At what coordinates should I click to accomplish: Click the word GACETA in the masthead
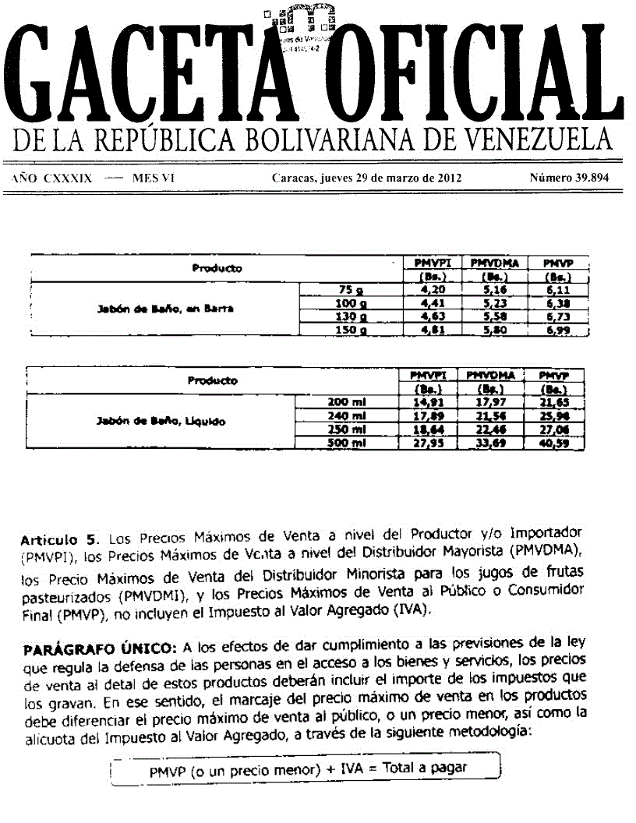point(140,74)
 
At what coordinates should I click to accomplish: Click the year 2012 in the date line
point(447,178)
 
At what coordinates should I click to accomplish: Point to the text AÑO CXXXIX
point(52,178)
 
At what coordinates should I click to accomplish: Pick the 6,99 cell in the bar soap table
point(558,331)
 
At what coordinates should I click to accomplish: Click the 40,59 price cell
point(553,443)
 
